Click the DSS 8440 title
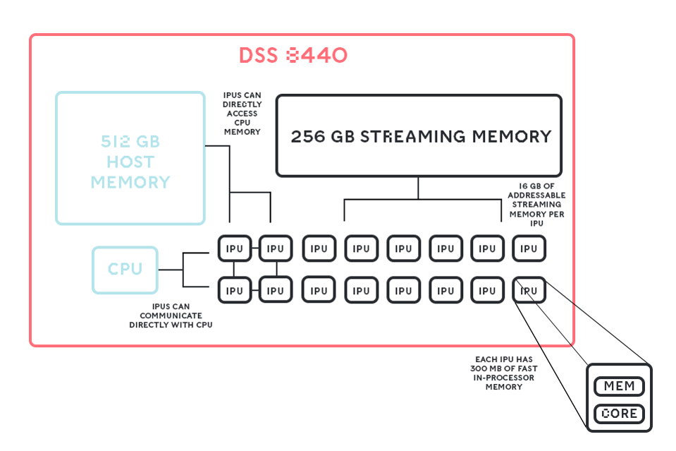293,56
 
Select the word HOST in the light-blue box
130,162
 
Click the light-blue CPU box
125,269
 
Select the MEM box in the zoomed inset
620,386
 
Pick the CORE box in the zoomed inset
620,414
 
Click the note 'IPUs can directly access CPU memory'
242,113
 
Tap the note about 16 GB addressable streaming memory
537,204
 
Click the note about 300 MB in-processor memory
503,373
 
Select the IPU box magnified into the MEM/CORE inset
529,290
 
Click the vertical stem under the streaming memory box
418,188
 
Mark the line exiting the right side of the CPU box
171,269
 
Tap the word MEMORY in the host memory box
130,182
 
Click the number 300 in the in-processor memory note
483,368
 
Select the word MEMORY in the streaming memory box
511,136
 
